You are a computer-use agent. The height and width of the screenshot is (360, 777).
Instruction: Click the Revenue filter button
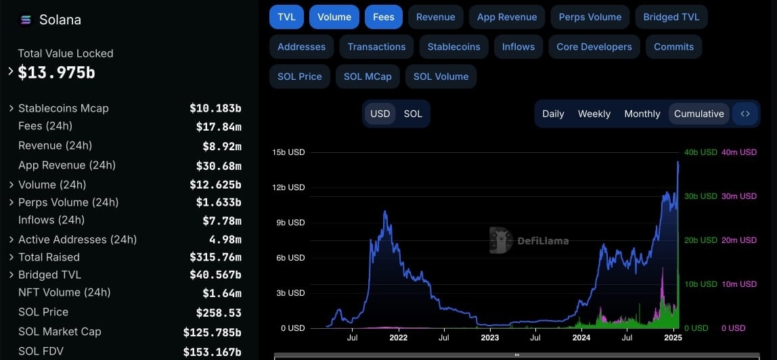pyautogui.click(x=436, y=17)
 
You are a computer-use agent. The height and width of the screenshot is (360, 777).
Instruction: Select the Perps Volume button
pyautogui.click(x=590, y=17)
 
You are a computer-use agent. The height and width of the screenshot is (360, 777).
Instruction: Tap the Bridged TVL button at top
pyautogui.click(x=671, y=17)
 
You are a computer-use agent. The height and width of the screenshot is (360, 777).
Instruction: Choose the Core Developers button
pyautogui.click(x=594, y=47)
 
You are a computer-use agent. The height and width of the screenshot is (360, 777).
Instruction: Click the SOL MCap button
pyautogui.click(x=368, y=76)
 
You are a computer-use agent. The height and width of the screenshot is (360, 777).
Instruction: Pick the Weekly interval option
pyautogui.click(x=594, y=114)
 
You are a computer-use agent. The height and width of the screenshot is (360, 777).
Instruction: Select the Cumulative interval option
pyautogui.click(x=698, y=114)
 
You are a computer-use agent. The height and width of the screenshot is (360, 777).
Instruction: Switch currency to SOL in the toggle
pyautogui.click(x=413, y=114)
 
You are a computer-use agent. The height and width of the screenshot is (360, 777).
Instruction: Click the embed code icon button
pyautogui.click(x=745, y=114)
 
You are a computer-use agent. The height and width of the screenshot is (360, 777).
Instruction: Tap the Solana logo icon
pyautogui.click(x=26, y=20)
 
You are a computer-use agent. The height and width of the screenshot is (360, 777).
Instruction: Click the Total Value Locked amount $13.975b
pyautogui.click(x=56, y=73)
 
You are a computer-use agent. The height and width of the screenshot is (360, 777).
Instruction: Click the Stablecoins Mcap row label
pyautogui.click(x=64, y=108)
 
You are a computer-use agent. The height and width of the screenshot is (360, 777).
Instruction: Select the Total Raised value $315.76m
pyautogui.click(x=215, y=257)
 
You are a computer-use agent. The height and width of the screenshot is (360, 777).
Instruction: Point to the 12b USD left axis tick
pyautogui.click(x=288, y=187)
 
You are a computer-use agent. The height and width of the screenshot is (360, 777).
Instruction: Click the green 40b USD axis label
pyautogui.click(x=701, y=152)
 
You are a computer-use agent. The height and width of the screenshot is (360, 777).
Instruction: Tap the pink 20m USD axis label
pyautogui.click(x=739, y=240)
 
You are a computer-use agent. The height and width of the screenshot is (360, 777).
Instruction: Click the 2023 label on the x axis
pyautogui.click(x=490, y=338)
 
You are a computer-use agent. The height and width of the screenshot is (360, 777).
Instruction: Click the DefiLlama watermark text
pyautogui.click(x=543, y=241)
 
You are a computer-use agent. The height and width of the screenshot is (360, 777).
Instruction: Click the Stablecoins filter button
pyautogui.click(x=454, y=47)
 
